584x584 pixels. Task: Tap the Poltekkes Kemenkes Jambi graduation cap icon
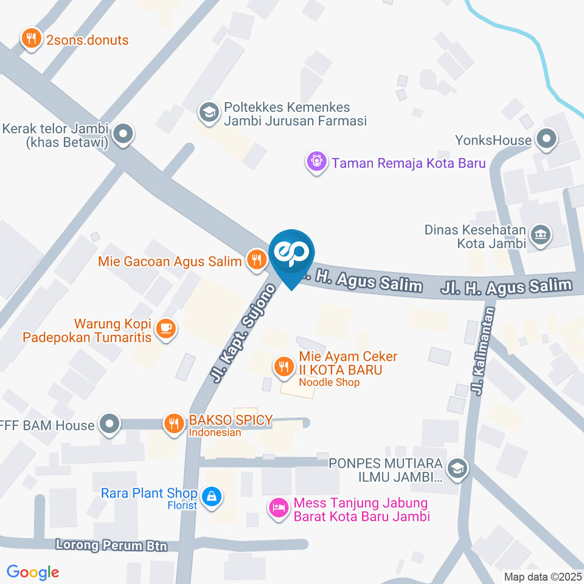point(210,113)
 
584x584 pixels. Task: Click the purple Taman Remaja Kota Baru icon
point(316,162)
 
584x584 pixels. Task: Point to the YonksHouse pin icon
point(546,139)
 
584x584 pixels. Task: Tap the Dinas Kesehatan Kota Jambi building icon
point(540,234)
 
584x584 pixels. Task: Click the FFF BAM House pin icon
point(109,424)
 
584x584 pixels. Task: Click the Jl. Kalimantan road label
point(484,350)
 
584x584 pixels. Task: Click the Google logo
point(33,572)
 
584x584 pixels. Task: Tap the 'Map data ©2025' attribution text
point(543,576)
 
